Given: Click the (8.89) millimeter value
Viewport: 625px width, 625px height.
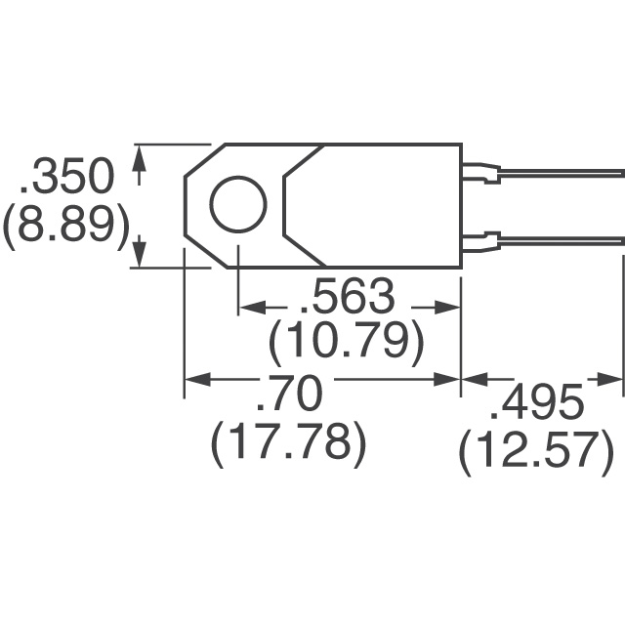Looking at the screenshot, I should (66, 229).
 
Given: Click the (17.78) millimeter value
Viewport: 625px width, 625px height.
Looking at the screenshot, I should (289, 444).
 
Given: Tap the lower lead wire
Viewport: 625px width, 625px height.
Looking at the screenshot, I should (562, 238).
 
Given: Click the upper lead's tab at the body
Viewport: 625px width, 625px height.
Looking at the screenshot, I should (479, 174).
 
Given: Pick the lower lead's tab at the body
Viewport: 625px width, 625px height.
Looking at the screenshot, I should (479, 239).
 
